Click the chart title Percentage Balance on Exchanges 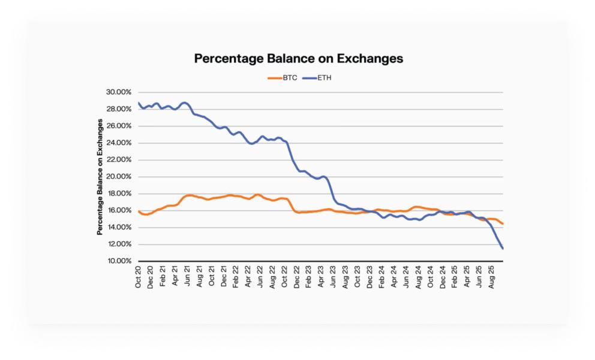click(298, 58)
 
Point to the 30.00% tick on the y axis click(120, 92)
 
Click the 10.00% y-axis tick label click(120, 261)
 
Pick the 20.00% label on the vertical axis click(120, 177)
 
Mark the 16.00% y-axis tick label click(120, 211)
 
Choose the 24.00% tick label click(120, 143)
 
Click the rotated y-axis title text click(100, 176)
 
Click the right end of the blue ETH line click(503, 248)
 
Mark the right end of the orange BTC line click(503, 224)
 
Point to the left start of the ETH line click(139, 103)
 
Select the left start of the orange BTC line click(139, 211)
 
